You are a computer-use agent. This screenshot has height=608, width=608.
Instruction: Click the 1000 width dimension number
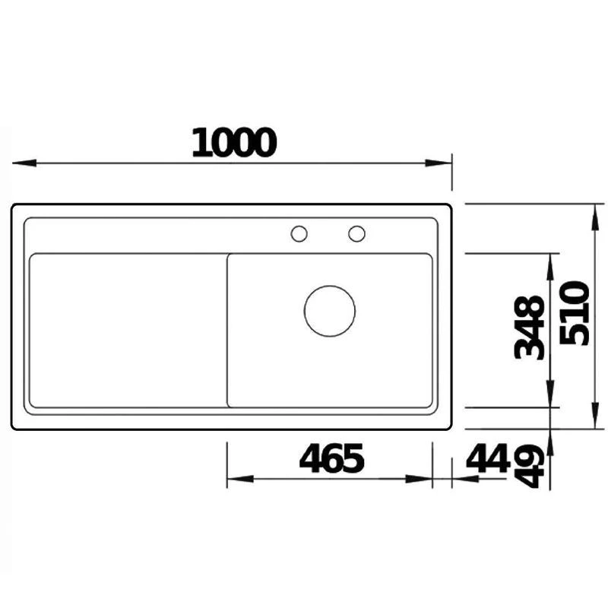click(x=233, y=143)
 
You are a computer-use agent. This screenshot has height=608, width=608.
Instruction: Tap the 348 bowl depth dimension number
click(x=530, y=328)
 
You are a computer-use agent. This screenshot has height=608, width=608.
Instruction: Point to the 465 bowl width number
click(x=332, y=458)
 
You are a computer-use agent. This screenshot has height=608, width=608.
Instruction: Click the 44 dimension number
click(x=487, y=458)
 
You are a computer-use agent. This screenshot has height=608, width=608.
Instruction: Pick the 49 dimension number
click(x=530, y=467)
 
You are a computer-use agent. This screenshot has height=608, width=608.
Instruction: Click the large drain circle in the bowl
click(x=330, y=311)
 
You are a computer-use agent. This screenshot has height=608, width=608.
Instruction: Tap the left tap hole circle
click(x=299, y=234)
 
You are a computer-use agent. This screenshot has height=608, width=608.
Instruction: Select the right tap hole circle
click(x=356, y=234)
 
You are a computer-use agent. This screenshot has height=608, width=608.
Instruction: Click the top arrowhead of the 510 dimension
click(x=593, y=215)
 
